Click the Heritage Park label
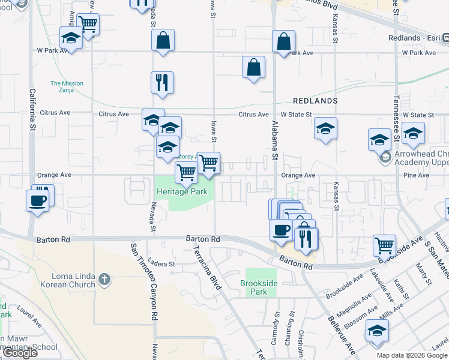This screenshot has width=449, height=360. [x=181, y=192]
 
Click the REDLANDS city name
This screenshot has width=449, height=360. [x=315, y=101]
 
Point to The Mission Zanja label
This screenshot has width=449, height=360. [x=67, y=87]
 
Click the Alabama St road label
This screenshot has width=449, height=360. [x=275, y=140]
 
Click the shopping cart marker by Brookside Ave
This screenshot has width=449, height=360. [x=384, y=245]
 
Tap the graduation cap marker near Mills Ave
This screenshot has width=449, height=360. [x=377, y=330]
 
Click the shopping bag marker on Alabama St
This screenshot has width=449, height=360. [x=283, y=41]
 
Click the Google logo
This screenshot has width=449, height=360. [x=20, y=353]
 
